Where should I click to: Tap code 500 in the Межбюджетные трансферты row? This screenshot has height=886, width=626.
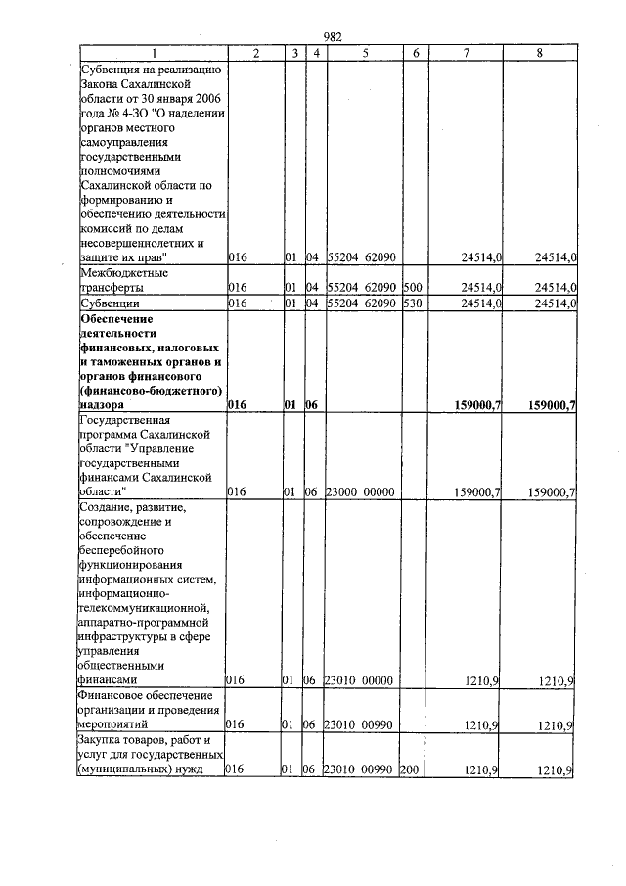point(411,288)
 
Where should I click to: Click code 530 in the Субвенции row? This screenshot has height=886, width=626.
point(411,303)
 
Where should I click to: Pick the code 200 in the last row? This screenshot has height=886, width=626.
point(410,770)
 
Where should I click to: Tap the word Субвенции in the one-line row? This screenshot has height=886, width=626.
point(110,303)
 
